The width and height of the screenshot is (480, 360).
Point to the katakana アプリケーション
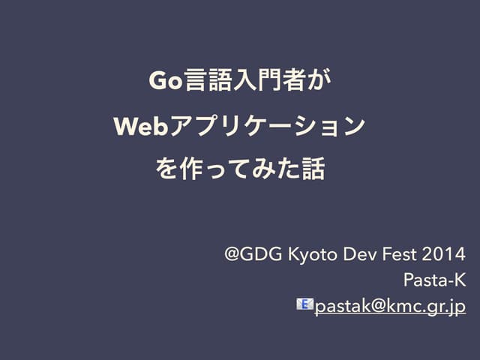click(x=265, y=124)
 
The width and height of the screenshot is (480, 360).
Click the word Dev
click(x=358, y=253)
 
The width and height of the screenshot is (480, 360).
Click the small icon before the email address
click(x=305, y=304)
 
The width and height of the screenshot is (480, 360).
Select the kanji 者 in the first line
click(x=293, y=79)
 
